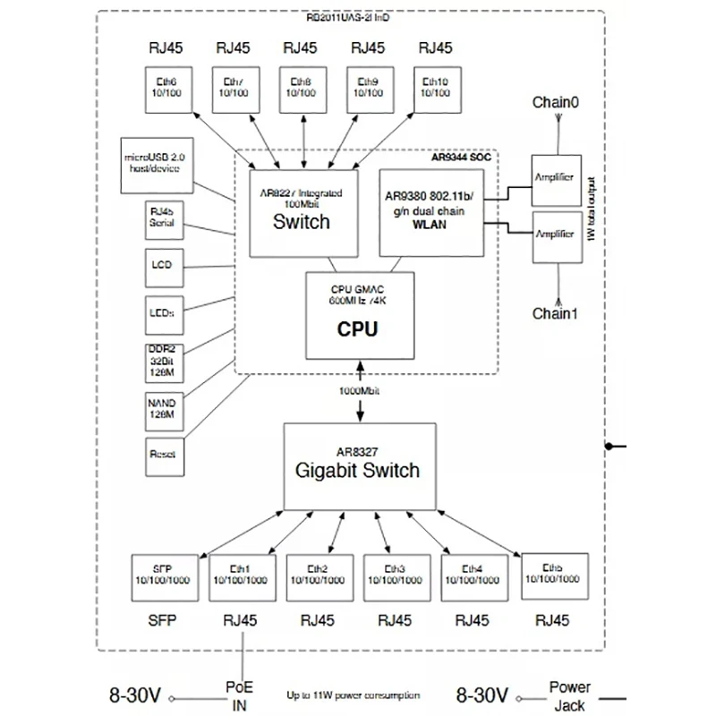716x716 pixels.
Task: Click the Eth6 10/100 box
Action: coord(167,88)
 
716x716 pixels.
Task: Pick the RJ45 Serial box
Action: coord(162,218)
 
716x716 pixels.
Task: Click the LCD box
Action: coord(162,266)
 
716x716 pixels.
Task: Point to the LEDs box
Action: coord(162,312)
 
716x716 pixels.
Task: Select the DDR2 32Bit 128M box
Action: coord(162,360)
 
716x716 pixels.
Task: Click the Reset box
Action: coord(162,455)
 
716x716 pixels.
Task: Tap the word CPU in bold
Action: coord(357,329)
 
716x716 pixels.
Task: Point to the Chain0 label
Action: coord(556,104)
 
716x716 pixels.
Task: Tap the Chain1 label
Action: coord(556,314)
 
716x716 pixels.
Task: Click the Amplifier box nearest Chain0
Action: coord(554,177)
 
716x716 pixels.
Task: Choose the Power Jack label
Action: coord(569,695)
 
